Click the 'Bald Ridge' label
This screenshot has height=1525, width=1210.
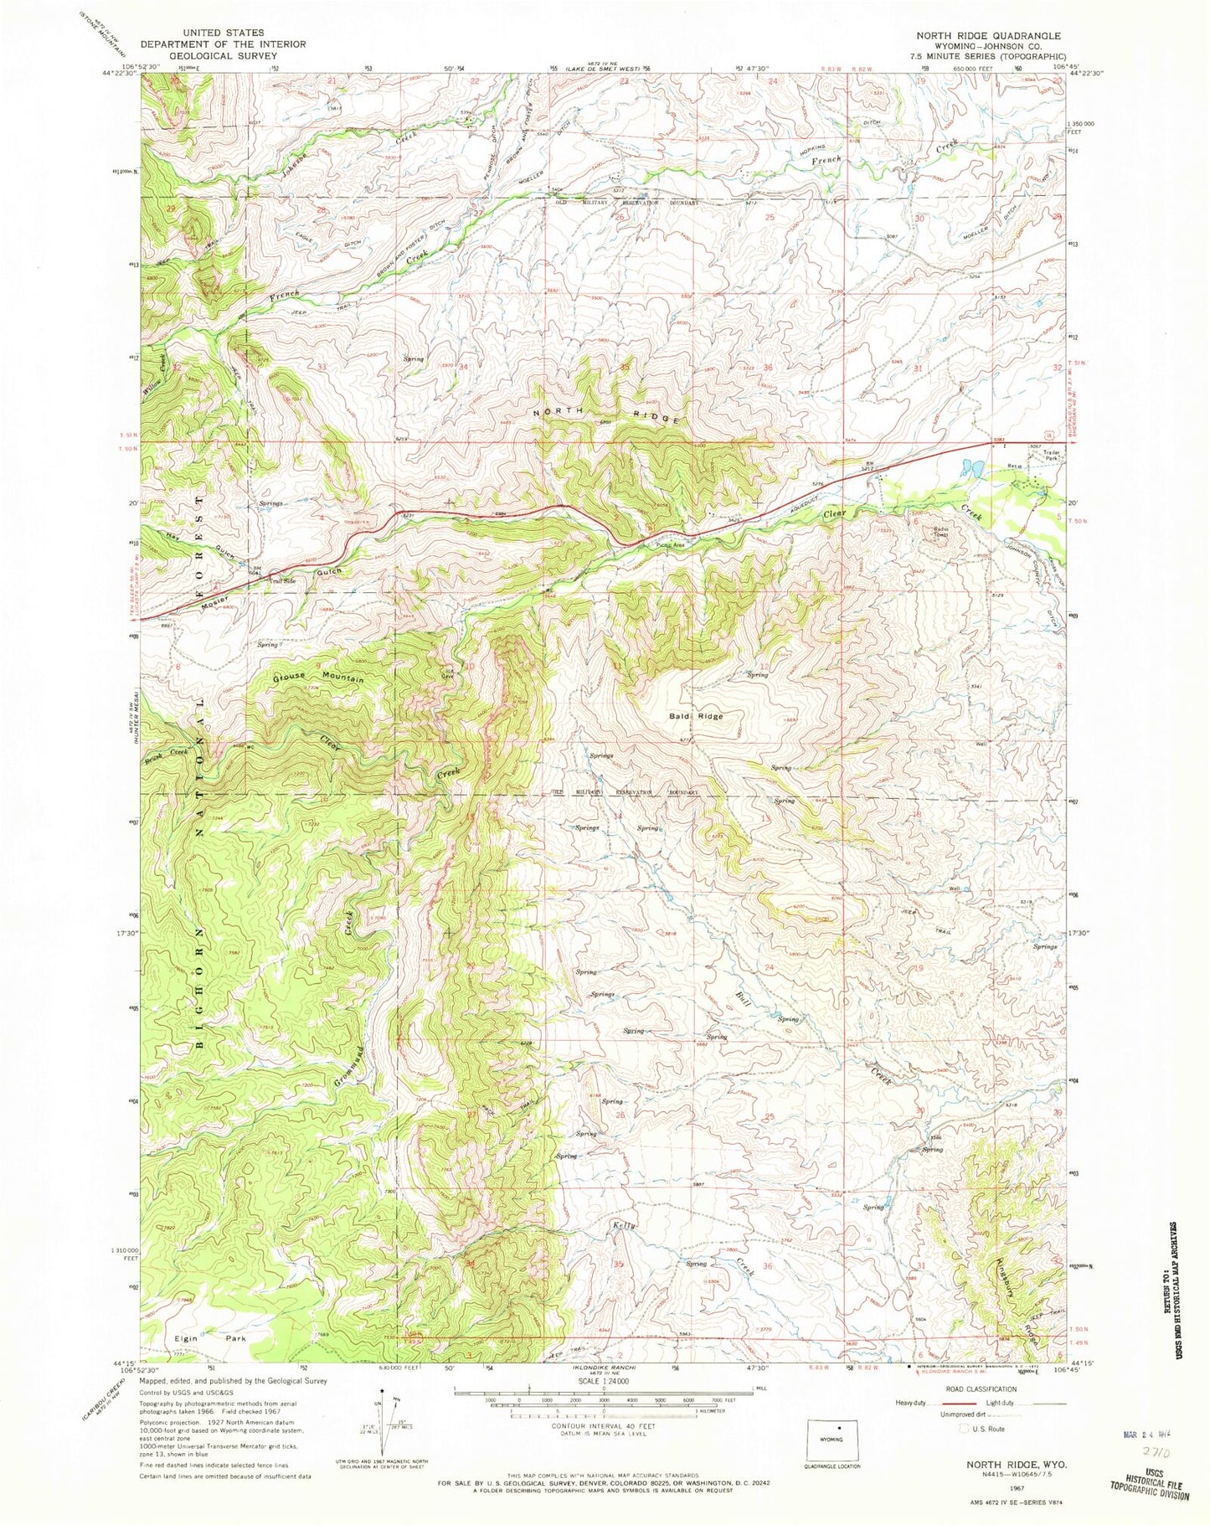tap(695, 716)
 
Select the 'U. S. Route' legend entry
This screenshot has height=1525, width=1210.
tap(985, 1429)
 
